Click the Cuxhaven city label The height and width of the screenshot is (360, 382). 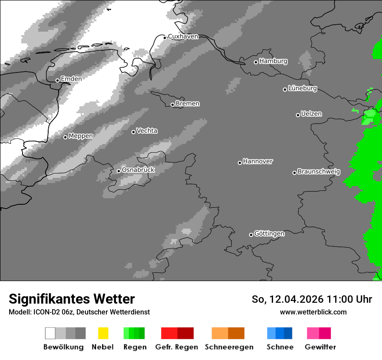click(x=183, y=37)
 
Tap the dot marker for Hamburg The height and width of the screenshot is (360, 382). click(x=256, y=62)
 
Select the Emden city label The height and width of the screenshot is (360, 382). click(x=71, y=79)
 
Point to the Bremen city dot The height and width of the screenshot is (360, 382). click(x=172, y=105)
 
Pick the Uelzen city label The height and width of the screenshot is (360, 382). click(x=311, y=114)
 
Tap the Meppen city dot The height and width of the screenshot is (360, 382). click(x=65, y=137)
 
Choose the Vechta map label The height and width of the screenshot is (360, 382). click(x=147, y=131)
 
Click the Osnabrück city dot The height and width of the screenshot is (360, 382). click(x=119, y=171)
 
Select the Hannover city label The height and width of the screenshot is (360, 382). click(x=257, y=161)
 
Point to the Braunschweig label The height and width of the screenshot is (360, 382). click(x=319, y=172)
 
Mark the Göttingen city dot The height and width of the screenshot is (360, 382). click(x=251, y=235)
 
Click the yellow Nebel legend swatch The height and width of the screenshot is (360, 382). click(x=103, y=333)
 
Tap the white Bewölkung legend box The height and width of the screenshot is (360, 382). click(x=50, y=333)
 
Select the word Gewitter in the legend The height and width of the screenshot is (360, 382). click(x=320, y=347)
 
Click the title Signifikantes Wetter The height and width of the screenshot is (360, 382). click(x=72, y=299)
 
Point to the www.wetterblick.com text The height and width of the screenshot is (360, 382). click(x=313, y=312)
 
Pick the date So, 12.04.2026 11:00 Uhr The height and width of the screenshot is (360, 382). click(x=312, y=299)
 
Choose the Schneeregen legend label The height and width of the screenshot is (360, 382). click(x=229, y=347)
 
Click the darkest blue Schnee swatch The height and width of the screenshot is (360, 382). click(x=288, y=333)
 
